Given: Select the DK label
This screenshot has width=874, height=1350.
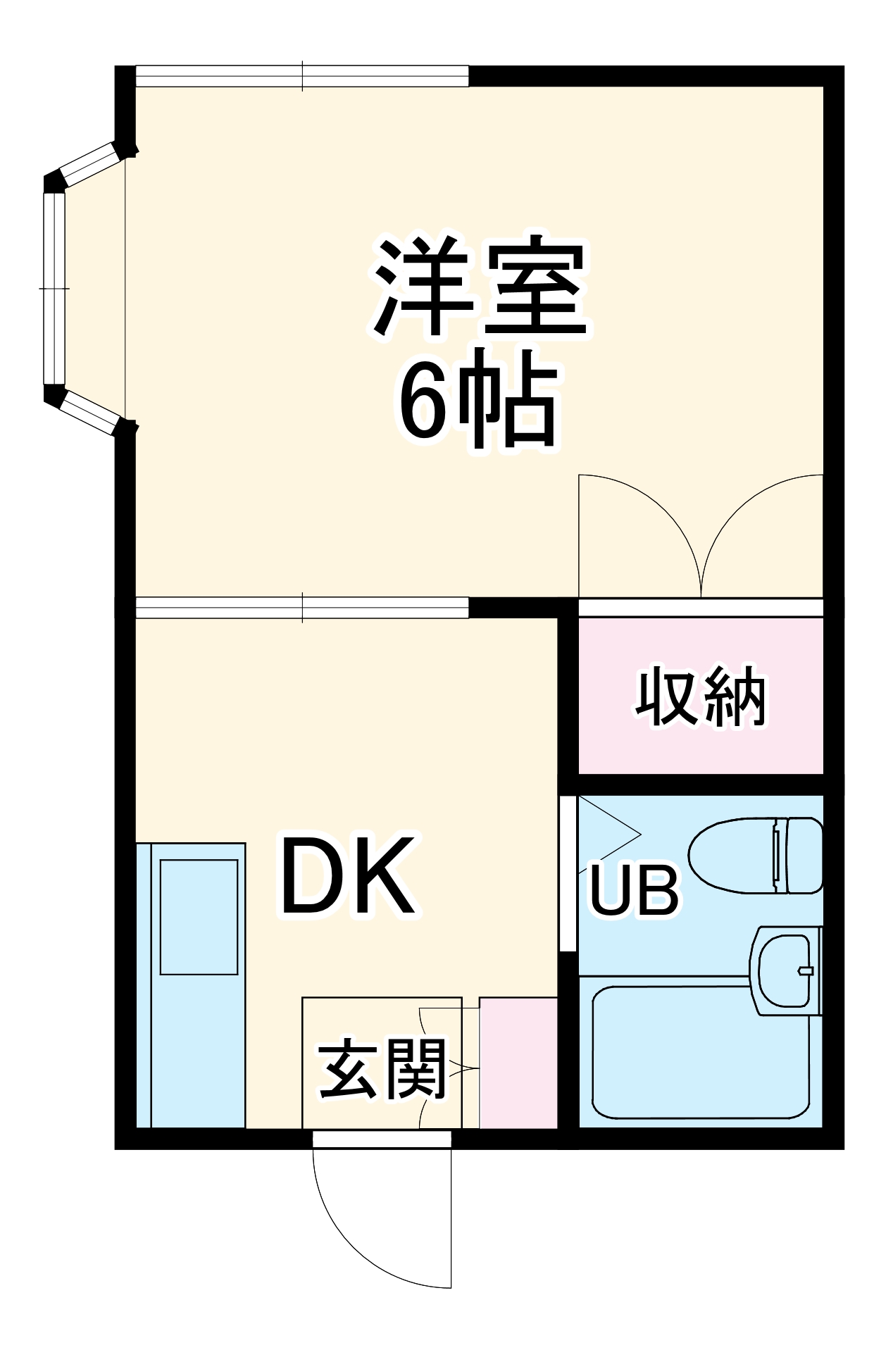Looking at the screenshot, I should pos(347,876).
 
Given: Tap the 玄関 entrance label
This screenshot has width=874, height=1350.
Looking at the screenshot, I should pos(382,1069).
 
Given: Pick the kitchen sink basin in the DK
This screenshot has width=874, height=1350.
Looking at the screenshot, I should pos(199,916).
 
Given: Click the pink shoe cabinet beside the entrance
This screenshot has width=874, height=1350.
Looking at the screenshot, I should pos(518,1062).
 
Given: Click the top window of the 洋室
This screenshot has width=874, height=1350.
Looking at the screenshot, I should pos(302,76).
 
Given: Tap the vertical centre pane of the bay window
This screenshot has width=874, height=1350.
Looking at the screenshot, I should pos(54,289).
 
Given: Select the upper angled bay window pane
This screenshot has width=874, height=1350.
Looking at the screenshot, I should pos(89,164).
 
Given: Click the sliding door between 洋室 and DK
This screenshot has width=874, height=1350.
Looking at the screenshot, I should pos(302,607).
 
